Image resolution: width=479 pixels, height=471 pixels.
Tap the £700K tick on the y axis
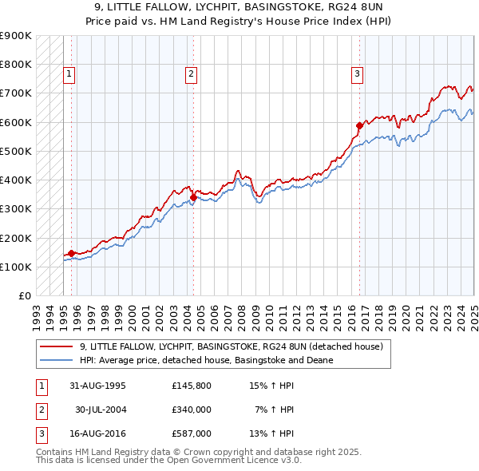pos(15,93)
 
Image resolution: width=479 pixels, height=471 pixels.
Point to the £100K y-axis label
pos(15,267)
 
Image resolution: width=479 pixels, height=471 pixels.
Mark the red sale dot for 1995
pos(71,253)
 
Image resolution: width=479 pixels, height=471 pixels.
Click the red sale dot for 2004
pos(193,197)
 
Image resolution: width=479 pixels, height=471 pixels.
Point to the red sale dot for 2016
pos(359,125)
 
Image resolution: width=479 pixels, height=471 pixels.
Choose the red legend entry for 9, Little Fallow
pos(232,346)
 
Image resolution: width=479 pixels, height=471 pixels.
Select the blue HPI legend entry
pos(206,360)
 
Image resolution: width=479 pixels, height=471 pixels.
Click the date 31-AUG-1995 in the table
pos(97,385)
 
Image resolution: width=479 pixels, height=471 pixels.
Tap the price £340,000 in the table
pos(191,410)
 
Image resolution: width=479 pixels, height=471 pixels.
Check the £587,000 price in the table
pos(191,434)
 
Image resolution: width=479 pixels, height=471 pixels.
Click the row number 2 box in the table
pos(40,410)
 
